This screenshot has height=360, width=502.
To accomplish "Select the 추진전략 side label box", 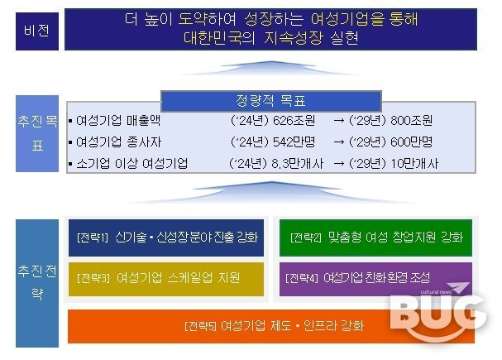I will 36,282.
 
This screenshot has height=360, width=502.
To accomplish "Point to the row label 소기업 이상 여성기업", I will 131,164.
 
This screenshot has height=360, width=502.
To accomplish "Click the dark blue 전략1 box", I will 165,238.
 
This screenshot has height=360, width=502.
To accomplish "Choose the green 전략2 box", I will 376,238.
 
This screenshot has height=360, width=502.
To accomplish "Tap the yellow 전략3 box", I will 165,278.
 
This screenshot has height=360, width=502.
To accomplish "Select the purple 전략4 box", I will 376,278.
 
